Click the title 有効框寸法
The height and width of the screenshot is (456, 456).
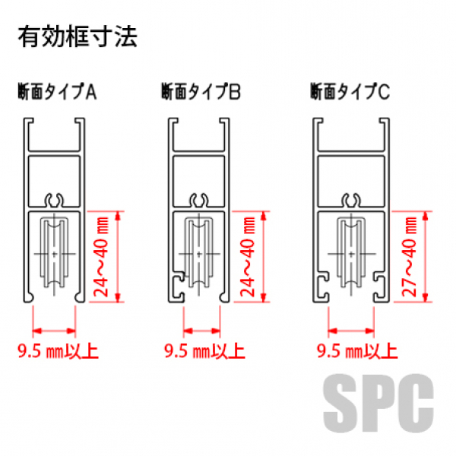coord(78,37)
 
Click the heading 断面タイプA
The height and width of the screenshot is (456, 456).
coord(57,91)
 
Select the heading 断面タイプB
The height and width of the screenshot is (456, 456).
coord(201,91)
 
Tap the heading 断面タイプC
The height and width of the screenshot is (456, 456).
coord(350,91)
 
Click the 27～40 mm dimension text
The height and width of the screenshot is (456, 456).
coord(409,257)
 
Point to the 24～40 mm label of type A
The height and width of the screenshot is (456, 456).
coord(101,257)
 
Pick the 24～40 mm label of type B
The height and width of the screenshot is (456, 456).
coord(248,257)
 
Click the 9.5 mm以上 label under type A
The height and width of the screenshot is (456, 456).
coord(58,351)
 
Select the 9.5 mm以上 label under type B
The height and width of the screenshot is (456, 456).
coord(204,351)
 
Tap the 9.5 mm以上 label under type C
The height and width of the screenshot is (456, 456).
coord(357,351)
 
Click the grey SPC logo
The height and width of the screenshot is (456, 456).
coord(378,403)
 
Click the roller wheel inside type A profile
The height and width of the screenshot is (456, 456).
coord(55,254)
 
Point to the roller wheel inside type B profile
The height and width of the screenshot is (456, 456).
coord(199,254)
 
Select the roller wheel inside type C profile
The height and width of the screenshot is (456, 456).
coord(351,254)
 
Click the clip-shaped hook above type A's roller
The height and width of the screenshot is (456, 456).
coord(55,200)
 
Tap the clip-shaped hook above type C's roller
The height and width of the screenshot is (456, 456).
coord(351,200)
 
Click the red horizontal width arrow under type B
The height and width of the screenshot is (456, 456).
coord(202,331)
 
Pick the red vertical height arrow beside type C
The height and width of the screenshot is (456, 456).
coord(425,257)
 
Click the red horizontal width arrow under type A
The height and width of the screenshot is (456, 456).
coord(54,331)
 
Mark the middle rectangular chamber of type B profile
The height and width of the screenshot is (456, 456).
coord(199,181)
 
